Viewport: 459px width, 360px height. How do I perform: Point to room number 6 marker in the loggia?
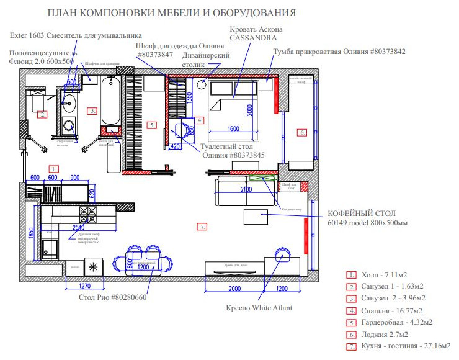pyautogui.click(x=301, y=132)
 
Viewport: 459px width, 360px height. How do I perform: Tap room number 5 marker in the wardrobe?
pyautogui.click(x=153, y=125)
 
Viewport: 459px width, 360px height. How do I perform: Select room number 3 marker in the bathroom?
pyautogui.click(x=92, y=111)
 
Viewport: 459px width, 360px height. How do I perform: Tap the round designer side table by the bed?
pyautogui.click(x=202, y=85)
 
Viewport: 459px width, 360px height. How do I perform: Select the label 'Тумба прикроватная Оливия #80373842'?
pyautogui.click(x=339, y=52)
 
